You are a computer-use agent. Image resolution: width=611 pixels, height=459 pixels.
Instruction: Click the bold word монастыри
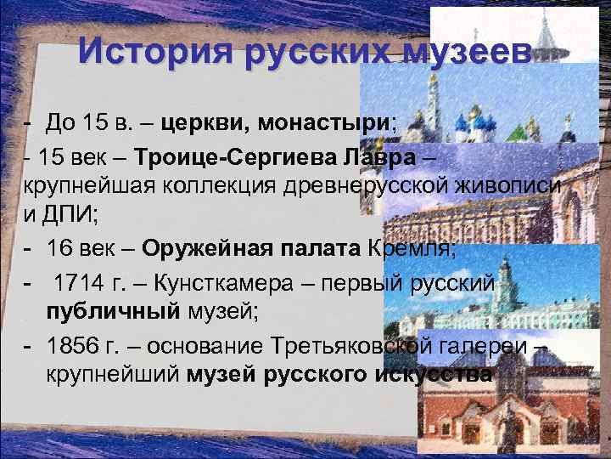coord(334,125)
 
